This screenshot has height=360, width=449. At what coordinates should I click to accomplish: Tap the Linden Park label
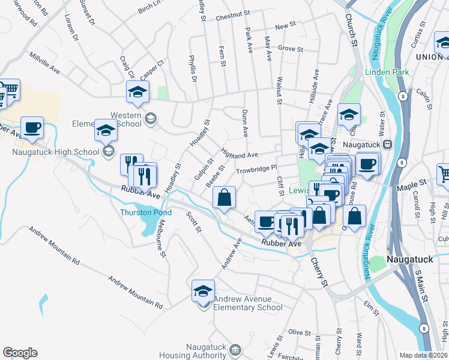387,73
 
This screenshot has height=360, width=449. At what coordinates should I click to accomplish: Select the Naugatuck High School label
55,152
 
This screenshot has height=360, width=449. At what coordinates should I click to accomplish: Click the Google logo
20,353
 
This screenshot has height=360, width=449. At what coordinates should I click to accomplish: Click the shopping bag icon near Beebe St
224,198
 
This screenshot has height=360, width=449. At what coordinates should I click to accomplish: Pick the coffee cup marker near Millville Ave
32,128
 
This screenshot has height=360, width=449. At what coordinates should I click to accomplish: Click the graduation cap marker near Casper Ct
137,92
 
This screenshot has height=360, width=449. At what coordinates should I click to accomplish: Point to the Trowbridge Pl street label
255,170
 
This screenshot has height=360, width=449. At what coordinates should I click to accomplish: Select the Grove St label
290,49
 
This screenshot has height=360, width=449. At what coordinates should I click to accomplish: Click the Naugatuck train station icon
388,144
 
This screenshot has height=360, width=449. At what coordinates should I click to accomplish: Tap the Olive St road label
297,332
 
